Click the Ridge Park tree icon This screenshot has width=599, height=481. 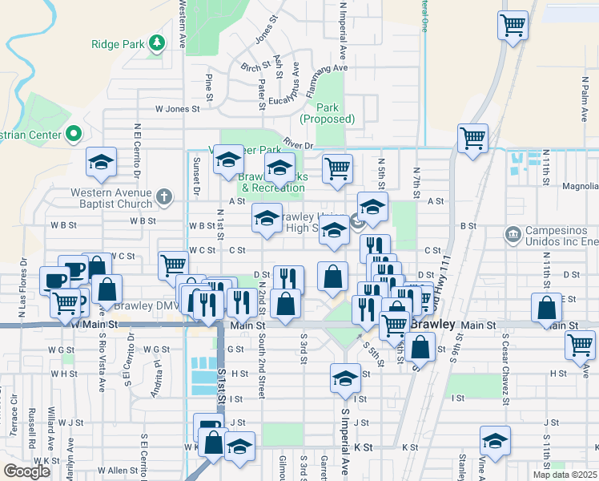[x=159, y=43]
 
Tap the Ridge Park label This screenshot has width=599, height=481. [x=117, y=44]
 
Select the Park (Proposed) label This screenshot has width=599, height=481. [x=327, y=113]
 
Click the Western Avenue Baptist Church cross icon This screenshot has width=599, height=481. [x=163, y=196]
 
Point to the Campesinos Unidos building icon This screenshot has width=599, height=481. [x=513, y=235]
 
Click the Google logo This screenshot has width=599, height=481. [x=26, y=471]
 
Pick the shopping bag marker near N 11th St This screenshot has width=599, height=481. [x=546, y=308]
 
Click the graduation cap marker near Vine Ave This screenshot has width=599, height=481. [x=495, y=441]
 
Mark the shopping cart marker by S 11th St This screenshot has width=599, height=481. [x=581, y=346]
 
